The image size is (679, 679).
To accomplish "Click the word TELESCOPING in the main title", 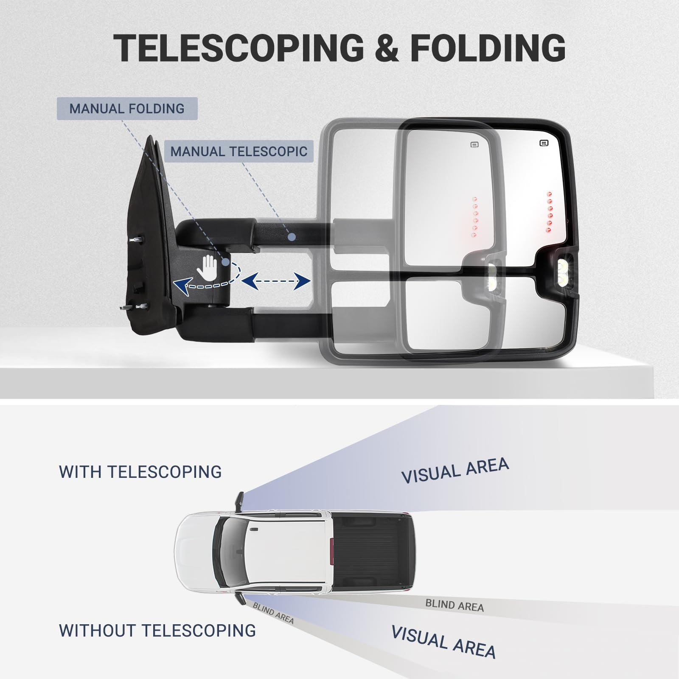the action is tap(238, 48).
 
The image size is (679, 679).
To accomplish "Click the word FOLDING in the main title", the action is tap(488, 48).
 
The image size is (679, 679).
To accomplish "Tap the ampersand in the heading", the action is tap(387, 48).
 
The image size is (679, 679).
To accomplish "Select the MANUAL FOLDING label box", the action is tap(127, 109).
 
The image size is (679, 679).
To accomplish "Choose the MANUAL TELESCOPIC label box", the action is tap(238, 152).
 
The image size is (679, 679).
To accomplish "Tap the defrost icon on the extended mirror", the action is tap(544, 143).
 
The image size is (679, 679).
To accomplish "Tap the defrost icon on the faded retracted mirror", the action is tap(474, 145).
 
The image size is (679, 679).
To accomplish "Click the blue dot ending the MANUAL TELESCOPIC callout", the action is tap(291, 237).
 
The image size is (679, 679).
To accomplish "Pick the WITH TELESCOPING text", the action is tap(140, 472).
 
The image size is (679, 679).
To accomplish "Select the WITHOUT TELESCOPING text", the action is tap(157, 631).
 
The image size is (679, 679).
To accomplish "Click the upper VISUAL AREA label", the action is tap(455, 471).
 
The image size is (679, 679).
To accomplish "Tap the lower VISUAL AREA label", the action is tap(443, 641).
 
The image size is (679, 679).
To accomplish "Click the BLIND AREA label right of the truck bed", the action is tap(455, 605).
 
